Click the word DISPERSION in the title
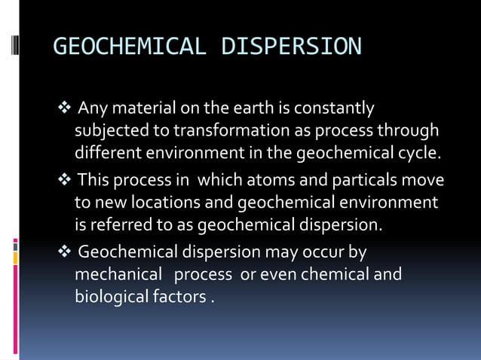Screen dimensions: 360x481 pyautogui.click(x=292, y=47)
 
